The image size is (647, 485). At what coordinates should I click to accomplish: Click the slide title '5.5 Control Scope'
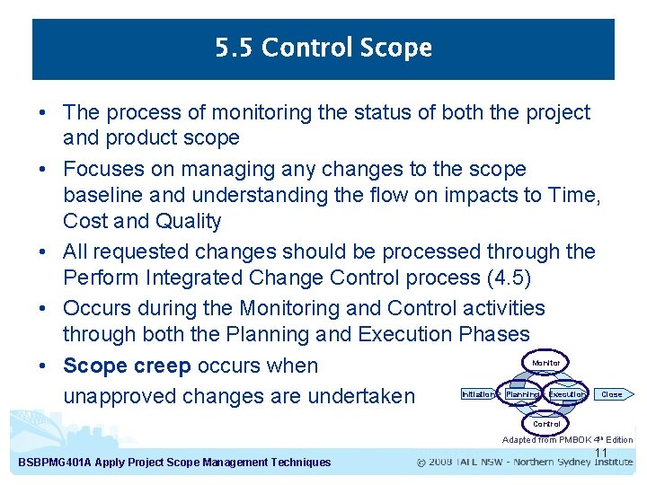pyautogui.click(x=323, y=48)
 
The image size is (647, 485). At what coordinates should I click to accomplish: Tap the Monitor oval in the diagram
pyautogui.click(x=545, y=363)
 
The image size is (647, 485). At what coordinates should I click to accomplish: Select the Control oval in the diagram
pyautogui.click(x=545, y=423)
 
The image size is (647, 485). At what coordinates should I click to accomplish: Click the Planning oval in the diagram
pyautogui.click(x=522, y=393)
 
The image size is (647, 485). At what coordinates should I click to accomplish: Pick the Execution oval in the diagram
pyautogui.click(x=566, y=393)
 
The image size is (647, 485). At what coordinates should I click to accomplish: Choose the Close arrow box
pyautogui.click(x=611, y=393)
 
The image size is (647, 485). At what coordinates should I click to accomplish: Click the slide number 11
pyautogui.click(x=601, y=452)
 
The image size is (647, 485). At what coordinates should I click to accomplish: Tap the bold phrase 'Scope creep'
pyautogui.click(x=127, y=366)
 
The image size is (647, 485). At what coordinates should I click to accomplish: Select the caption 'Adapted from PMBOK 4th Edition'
pyautogui.click(x=567, y=439)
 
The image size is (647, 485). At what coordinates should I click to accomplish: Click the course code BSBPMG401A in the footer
pyautogui.click(x=58, y=463)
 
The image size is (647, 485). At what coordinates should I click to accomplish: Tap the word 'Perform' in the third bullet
pyautogui.click(x=100, y=278)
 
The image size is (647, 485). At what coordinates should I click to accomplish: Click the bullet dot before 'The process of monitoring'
pyautogui.click(x=42, y=113)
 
